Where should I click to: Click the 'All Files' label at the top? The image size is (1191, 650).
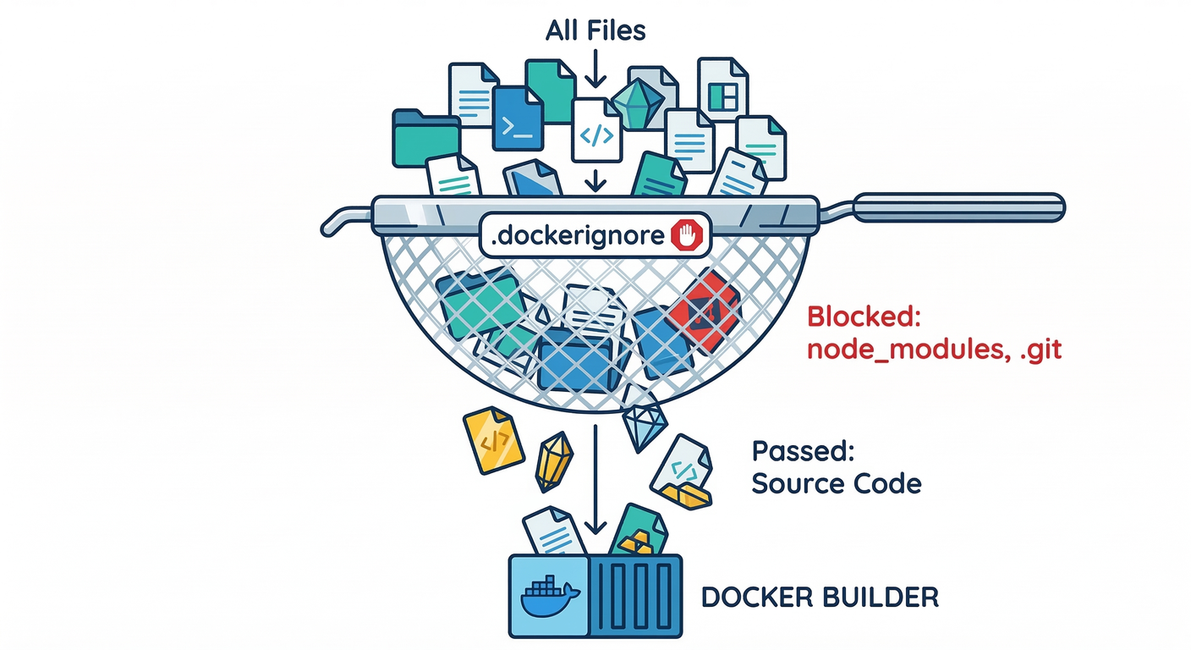[x=595, y=31]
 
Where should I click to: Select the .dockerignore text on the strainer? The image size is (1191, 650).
[x=577, y=237]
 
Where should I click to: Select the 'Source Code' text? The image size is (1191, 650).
[x=836, y=484]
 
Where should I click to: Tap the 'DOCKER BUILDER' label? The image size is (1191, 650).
[x=820, y=597]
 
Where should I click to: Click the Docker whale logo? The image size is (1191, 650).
[x=549, y=598]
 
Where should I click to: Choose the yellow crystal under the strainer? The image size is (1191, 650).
[x=554, y=461]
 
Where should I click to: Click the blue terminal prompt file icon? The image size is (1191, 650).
[x=517, y=119]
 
